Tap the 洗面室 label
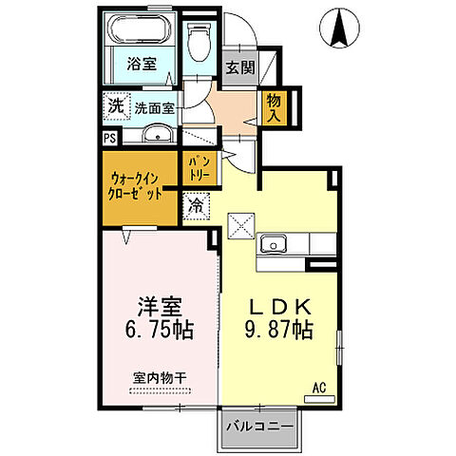(x=153, y=108)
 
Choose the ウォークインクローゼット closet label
(x=139, y=183)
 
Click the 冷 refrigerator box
(x=195, y=205)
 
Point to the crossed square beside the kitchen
(x=239, y=227)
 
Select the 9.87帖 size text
(x=276, y=331)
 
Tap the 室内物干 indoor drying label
(x=159, y=377)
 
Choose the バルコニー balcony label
(x=259, y=427)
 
